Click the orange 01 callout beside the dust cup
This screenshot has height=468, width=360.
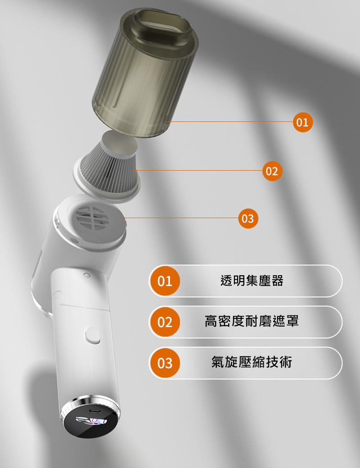point(303,122)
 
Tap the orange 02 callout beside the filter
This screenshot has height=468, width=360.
point(272,171)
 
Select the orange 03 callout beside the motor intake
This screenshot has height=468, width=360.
point(248,218)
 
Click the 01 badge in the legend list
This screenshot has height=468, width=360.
point(165,281)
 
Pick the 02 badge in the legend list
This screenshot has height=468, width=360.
point(165,322)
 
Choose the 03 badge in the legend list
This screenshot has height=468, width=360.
point(165,363)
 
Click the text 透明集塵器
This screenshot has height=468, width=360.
point(252,281)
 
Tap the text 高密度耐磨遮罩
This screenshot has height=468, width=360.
point(252,321)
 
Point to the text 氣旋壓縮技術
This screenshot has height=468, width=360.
point(252,362)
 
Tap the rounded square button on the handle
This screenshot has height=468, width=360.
point(92,335)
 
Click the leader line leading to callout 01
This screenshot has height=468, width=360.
point(229,122)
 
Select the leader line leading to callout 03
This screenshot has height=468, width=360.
point(178,218)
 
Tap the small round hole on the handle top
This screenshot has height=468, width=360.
point(87,274)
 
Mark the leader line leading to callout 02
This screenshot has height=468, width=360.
point(198,170)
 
